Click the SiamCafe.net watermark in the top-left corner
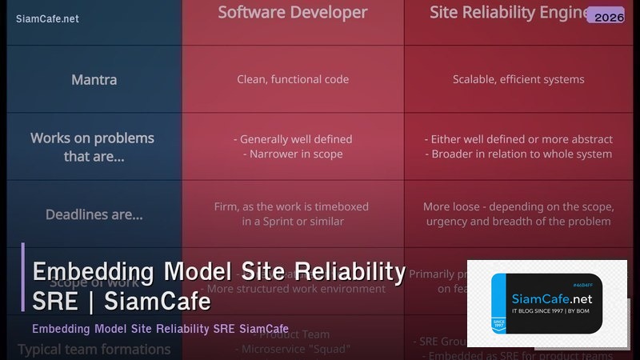click(47, 18)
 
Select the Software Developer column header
click(293, 13)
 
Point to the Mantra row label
click(94, 80)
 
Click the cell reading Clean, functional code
click(293, 79)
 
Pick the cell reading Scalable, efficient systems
click(518, 79)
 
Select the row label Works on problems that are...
click(93, 147)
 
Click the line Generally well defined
click(293, 139)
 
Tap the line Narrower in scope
click(293, 154)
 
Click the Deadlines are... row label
click(94, 214)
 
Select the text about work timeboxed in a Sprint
click(293, 214)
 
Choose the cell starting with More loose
click(518, 214)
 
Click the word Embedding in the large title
click(93, 272)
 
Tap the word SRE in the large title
click(53, 302)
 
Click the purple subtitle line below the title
click(160, 329)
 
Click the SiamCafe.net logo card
click(547, 303)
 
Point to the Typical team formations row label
click(94, 350)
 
